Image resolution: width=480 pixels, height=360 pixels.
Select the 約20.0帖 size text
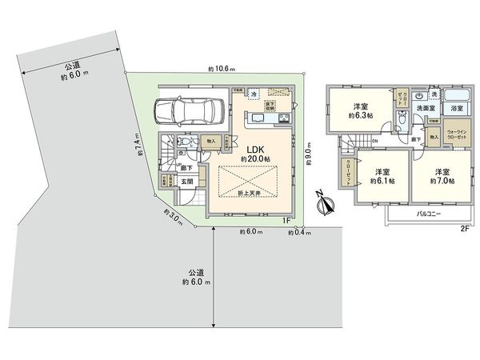click(255, 159)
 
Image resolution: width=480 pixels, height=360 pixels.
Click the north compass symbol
click(323, 204)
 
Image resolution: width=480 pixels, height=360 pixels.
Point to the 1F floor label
click(285, 219)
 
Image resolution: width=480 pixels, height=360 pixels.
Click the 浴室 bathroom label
click(457, 108)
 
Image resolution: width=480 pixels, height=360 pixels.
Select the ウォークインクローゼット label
click(457, 134)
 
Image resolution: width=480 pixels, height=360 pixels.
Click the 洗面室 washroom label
click(426, 108)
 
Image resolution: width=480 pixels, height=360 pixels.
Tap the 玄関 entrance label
click(186, 182)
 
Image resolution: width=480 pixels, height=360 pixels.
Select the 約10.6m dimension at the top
click(221, 69)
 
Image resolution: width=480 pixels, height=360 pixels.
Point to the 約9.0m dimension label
click(310, 151)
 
